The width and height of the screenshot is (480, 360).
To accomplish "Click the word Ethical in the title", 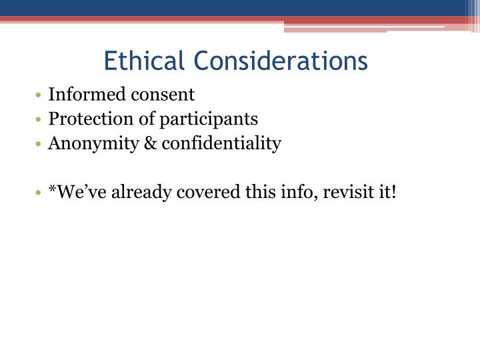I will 144,61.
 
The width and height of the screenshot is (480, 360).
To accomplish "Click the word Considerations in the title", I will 281,61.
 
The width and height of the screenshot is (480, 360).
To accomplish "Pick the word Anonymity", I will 89,143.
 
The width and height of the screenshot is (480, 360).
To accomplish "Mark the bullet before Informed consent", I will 41,96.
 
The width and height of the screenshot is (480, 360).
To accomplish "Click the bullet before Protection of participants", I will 41,120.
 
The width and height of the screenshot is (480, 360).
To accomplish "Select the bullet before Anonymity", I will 41,144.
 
